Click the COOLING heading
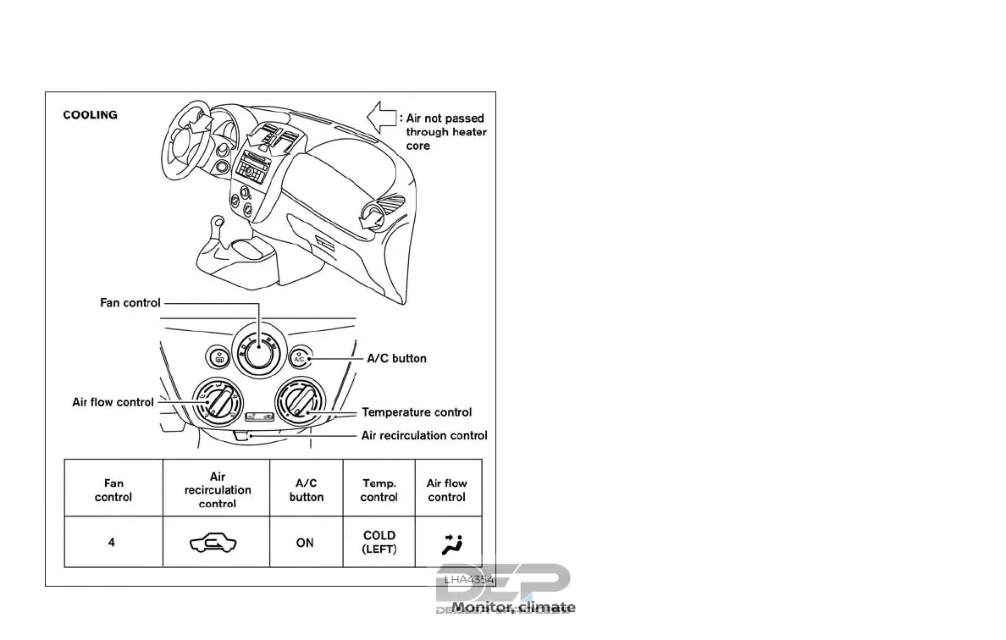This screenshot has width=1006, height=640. coord(91,115)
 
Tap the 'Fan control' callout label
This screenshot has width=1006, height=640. coord(130,302)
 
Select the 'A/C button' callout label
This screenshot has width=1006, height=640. coord(396,358)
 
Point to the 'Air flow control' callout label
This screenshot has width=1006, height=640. coord(113,402)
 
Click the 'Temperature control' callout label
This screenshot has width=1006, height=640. coord(417,412)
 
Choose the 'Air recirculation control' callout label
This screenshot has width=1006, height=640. coord(424,435)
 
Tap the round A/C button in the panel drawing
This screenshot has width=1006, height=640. coord(299,358)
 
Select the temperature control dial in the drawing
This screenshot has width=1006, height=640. coord(300,404)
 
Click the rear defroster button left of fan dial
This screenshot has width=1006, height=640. coord(218,358)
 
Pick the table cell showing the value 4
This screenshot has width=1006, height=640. coord(112,543)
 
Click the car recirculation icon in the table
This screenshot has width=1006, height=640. coord(216,543)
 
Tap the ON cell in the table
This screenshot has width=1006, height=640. coord(305,543)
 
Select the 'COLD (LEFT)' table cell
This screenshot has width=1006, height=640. coord(379,542)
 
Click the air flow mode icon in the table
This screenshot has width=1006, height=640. coord(447,543)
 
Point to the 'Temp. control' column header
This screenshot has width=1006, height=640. coord(379,490)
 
